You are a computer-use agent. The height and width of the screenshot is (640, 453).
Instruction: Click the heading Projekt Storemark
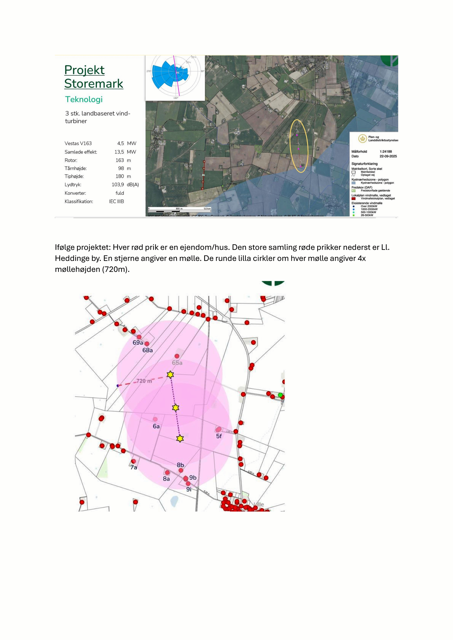point(94,77)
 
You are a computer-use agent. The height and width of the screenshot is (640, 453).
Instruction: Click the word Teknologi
point(84,99)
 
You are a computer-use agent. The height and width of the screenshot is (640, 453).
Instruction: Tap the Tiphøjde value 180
point(120,176)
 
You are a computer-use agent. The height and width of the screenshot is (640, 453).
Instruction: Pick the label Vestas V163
point(78,143)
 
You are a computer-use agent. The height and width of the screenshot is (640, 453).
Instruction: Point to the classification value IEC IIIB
point(116,201)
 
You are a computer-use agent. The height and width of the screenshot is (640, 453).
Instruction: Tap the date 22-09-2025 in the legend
point(388,156)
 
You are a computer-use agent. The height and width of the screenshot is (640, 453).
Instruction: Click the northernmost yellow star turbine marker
point(170,374)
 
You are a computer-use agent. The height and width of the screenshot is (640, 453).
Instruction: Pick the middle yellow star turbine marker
point(175,408)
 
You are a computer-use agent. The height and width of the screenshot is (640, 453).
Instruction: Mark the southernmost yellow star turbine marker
point(180,438)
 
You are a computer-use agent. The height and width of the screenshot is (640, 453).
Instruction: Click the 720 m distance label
point(144,381)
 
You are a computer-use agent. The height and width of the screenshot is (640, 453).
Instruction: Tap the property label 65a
point(177,363)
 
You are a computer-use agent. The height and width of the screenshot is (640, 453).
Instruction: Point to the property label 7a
point(134,467)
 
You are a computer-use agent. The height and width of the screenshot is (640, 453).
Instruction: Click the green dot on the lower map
point(280,395)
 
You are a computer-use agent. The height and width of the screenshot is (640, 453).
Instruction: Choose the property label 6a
point(156,426)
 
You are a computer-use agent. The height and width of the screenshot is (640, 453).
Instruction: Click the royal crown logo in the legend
point(362,138)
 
